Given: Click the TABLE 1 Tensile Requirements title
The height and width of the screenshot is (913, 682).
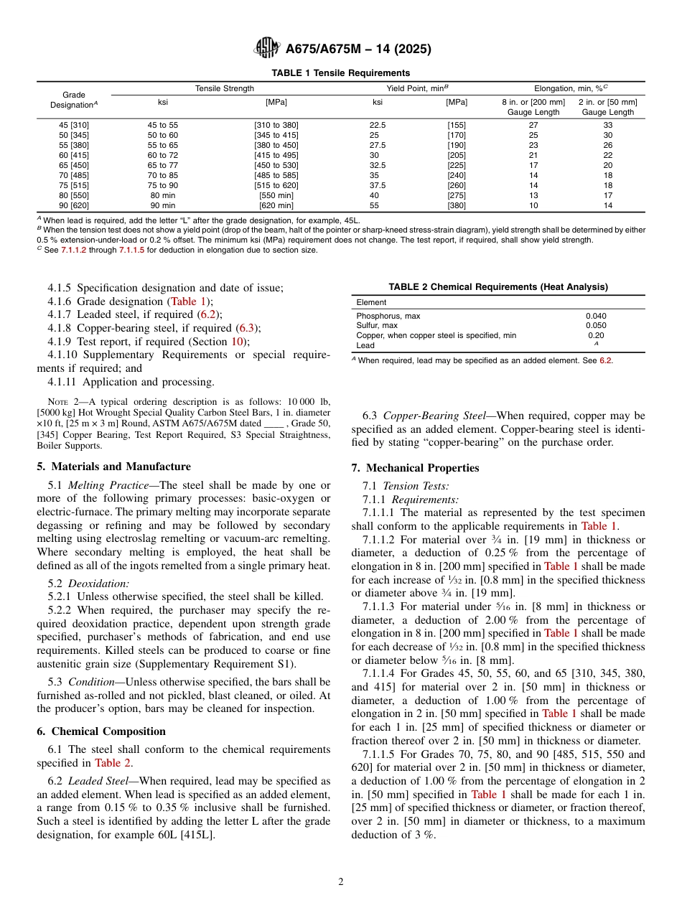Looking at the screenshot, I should coord(340,73).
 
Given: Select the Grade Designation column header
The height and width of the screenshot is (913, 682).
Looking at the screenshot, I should coord(74,100).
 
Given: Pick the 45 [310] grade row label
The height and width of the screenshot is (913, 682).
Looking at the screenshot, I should coord(74,125).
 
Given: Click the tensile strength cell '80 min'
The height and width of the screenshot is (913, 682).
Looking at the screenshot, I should coord(163,195).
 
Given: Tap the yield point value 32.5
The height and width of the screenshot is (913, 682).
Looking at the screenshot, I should coord(378,165).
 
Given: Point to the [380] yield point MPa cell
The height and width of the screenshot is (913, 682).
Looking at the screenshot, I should coord(457,205).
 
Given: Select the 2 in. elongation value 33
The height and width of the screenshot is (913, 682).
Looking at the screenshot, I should coord(607,125).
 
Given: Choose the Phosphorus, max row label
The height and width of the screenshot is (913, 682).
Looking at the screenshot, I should coord(388,316).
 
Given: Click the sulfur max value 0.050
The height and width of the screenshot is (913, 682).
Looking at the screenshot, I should coord(596,326).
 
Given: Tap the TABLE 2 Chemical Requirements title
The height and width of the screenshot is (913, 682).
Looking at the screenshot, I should coord(498,287).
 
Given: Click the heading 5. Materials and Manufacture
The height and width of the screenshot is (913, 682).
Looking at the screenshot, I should coord(113,467).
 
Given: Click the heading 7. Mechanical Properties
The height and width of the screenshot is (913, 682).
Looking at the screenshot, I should coord(415,468).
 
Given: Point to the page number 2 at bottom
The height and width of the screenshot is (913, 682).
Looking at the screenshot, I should coord(341,882).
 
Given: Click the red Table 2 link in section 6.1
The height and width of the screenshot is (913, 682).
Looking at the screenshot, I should coord(113,763).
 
